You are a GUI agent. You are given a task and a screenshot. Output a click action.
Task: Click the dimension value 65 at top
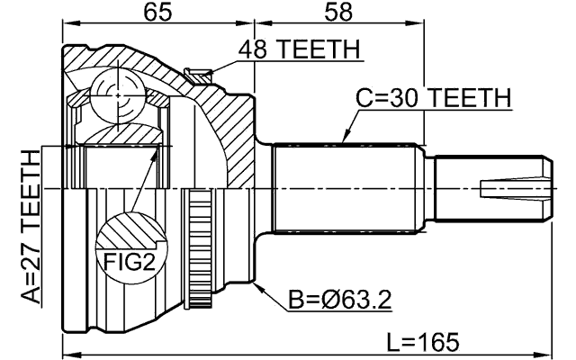coord(158,12)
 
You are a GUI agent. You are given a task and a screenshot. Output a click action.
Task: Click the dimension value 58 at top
coord(338,12)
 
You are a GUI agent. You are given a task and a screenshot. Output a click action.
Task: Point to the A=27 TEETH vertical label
coord(30,229)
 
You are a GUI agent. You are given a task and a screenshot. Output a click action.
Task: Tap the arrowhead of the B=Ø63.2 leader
coord(257,286)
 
